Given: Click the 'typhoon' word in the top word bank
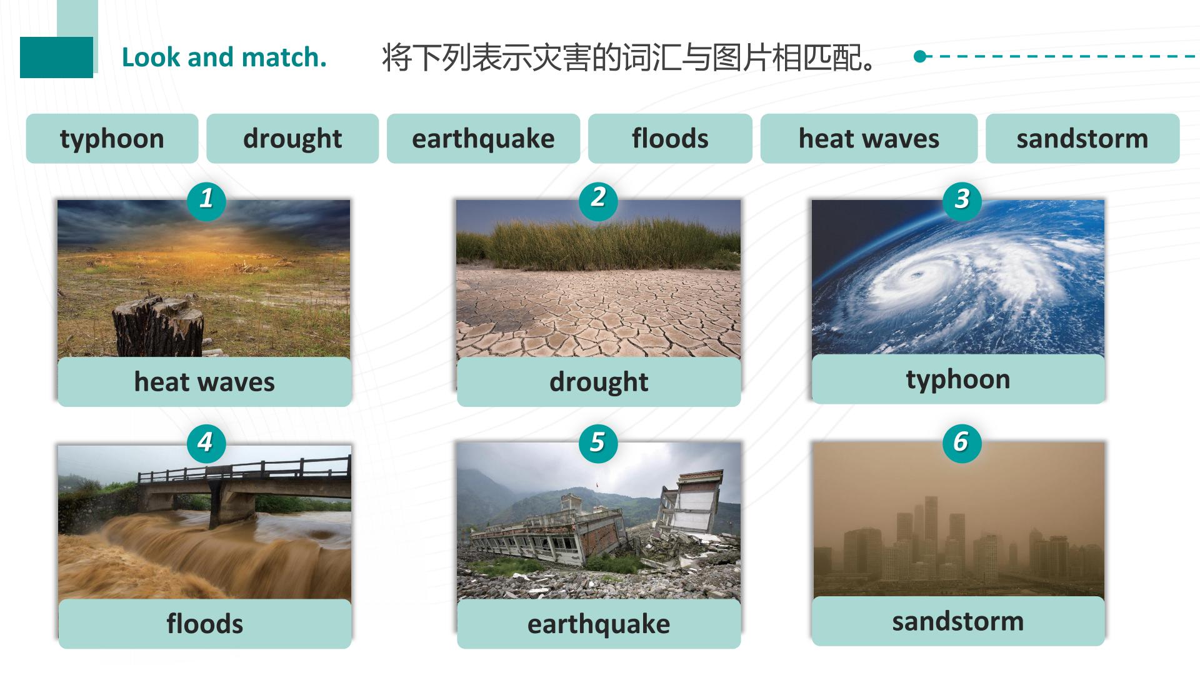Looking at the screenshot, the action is point(112,139).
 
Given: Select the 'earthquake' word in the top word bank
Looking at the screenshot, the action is point(483,139).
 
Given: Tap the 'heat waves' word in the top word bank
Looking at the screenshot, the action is point(869,138).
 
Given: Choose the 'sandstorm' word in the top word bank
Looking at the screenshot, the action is point(1082,138).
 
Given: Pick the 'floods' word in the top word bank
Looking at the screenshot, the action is point(670,138).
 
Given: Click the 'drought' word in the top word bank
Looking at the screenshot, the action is point(292,139).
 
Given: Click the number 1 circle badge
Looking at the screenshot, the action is point(206,200).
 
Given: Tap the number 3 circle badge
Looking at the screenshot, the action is point(962,200).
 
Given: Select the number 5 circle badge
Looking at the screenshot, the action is point(598,442).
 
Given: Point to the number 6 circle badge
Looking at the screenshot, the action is point(961,442).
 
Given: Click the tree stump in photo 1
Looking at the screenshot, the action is point(158,327).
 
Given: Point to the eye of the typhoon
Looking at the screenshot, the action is point(917,274).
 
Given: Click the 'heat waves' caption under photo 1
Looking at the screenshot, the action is point(204,382).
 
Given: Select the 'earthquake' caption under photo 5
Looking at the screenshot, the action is point(599,624).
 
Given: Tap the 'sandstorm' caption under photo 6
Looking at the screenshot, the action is point(957,621).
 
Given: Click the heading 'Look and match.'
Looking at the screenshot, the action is point(224,57).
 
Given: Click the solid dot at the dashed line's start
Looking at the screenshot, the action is point(919,56).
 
